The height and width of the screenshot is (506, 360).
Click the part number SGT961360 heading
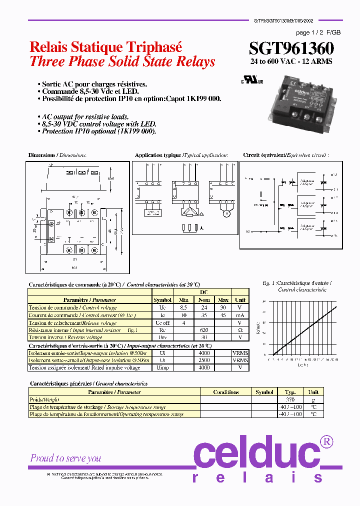pyautogui.click(x=291, y=48)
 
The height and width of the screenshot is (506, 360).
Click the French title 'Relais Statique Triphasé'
pyautogui.click(x=106, y=47)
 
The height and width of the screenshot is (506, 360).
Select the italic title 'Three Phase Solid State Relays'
pyautogui.click(x=122, y=61)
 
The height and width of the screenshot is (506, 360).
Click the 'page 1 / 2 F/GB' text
pyautogui.click(x=318, y=32)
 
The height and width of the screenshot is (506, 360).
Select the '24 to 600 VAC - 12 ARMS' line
pyautogui.click(x=291, y=61)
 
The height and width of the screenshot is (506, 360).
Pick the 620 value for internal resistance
pyautogui.click(x=203, y=330)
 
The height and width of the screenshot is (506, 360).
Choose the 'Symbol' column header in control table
pyautogui.click(x=162, y=300)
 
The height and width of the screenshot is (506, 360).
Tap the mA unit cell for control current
pyautogui.click(x=240, y=315)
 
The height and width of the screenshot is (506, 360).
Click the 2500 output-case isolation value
pyautogui.click(x=203, y=360)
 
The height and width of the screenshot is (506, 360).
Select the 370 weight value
pyautogui.click(x=290, y=399)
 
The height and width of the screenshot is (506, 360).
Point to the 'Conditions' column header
pyautogui.click(x=225, y=392)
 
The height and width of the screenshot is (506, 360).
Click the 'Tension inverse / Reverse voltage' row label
pyautogui.click(x=65, y=337)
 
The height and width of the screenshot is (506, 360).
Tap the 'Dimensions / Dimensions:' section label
pyautogui.click(x=57, y=155)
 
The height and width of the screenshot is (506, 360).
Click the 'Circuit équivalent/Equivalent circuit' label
pyautogui.click(x=286, y=155)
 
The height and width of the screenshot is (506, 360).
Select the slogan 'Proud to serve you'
pyautogui.click(x=65, y=458)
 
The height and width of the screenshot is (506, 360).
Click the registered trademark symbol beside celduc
pyautogui.click(x=326, y=441)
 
